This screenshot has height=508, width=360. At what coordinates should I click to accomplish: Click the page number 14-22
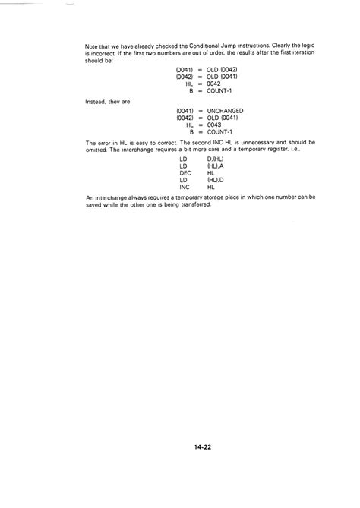[201, 448]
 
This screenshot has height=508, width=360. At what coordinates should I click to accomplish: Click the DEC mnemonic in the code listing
[185, 172]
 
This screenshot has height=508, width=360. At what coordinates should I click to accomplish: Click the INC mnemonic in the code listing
[185, 186]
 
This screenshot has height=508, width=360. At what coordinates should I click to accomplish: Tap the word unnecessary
[262, 142]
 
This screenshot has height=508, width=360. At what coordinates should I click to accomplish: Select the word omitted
[98, 149]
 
